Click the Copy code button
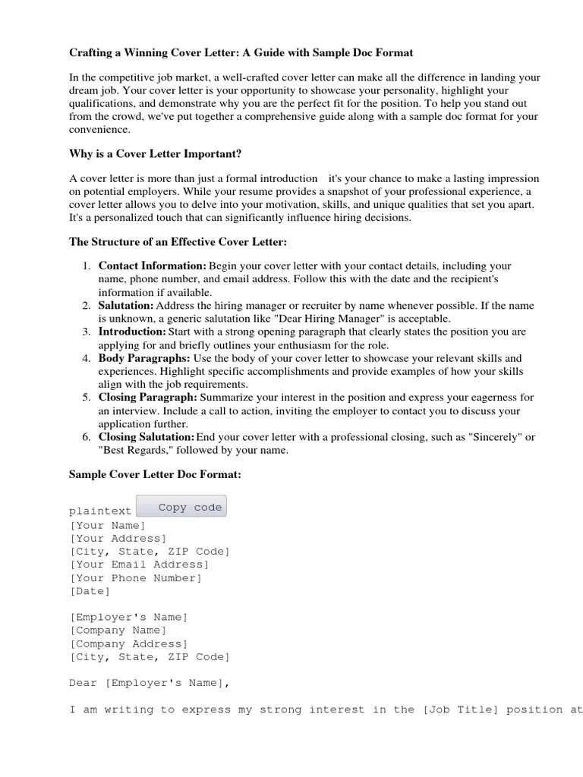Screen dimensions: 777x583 [x=181, y=507]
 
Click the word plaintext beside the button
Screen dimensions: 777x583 [x=100, y=511]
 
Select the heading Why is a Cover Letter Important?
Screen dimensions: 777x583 [x=155, y=154]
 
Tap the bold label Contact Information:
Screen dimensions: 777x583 [x=152, y=266]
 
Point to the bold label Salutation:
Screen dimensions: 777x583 [x=125, y=306]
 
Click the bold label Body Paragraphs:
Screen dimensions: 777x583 [x=144, y=358]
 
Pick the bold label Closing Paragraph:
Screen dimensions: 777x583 [x=147, y=398]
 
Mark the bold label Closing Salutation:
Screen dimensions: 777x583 [x=147, y=437]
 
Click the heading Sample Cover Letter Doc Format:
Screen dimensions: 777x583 [x=155, y=474]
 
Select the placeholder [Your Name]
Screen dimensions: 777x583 [x=107, y=526]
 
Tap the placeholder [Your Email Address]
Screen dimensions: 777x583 [x=139, y=565]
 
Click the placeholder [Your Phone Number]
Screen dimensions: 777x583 [x=136, y=578]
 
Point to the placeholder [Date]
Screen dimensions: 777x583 [x=90, y=591]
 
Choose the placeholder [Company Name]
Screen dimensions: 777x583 [x=118, y=631]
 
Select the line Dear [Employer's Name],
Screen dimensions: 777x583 [x=149, y=683]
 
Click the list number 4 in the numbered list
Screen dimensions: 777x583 [x=86, y=358]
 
